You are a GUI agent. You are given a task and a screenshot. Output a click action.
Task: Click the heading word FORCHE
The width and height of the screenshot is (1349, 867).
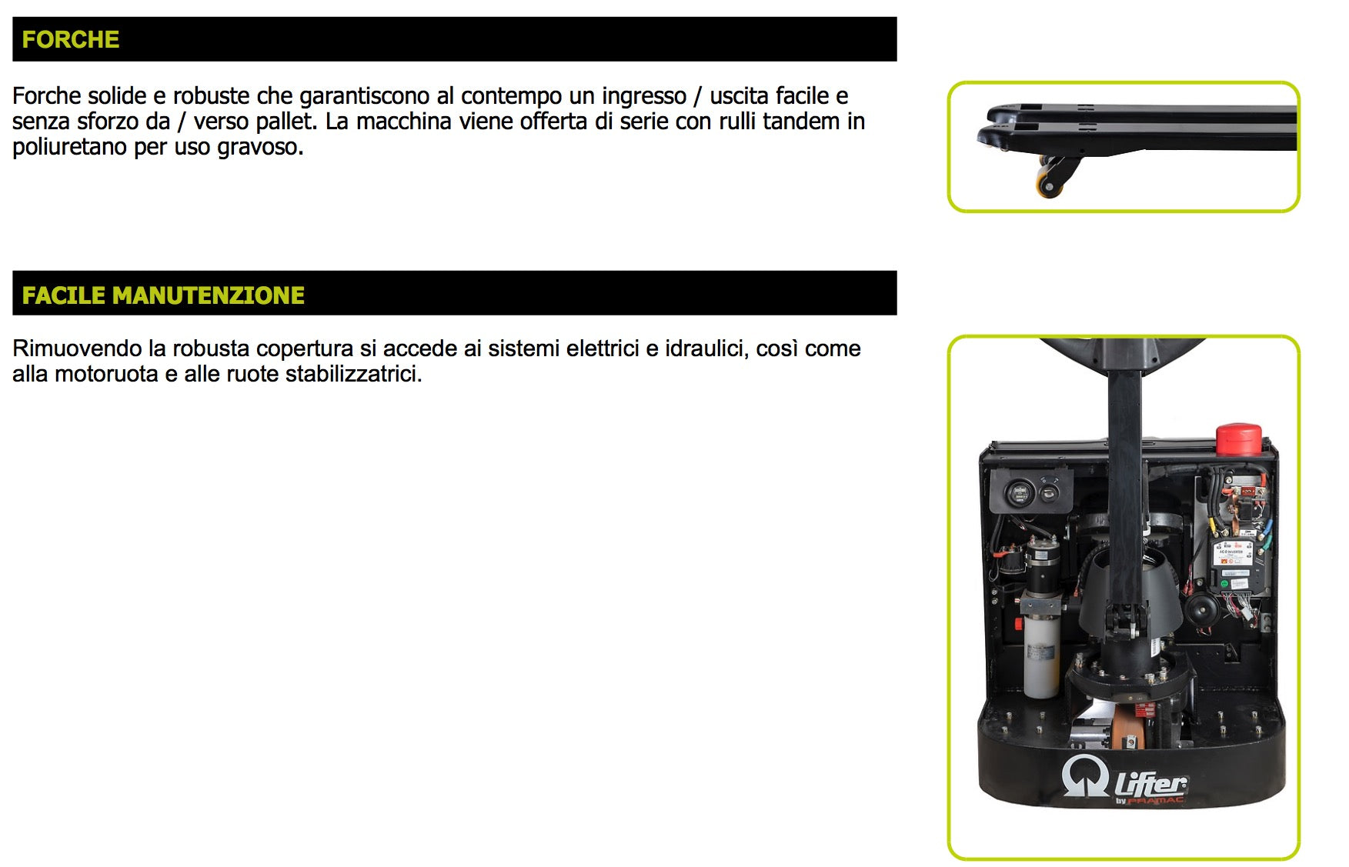70,39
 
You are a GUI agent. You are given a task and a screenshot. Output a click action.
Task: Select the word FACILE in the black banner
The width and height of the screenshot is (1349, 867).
63,295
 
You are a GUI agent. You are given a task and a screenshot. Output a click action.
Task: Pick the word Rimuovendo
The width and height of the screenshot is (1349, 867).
77,348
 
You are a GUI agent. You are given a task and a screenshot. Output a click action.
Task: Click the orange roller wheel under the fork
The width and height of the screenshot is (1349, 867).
1048,185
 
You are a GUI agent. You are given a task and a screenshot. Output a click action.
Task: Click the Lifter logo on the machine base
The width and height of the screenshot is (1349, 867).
1125,781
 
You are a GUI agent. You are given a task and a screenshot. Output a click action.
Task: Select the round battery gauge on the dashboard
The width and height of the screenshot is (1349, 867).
1020,492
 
